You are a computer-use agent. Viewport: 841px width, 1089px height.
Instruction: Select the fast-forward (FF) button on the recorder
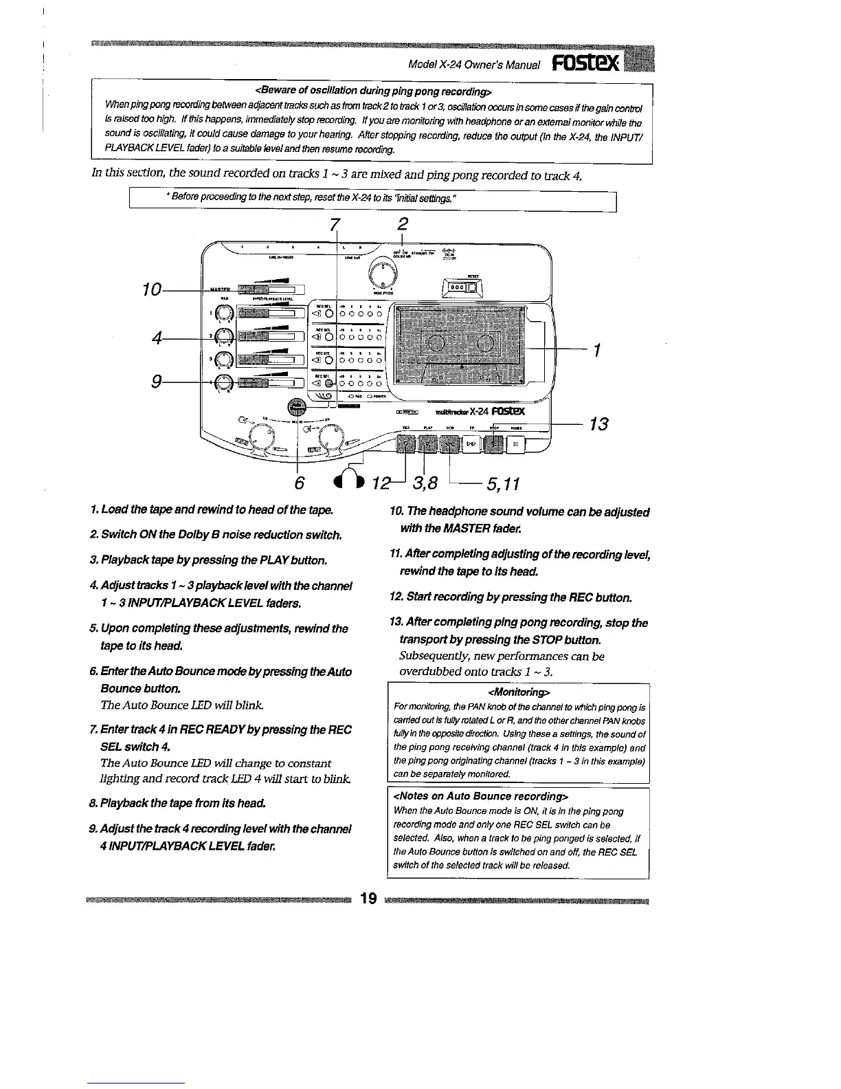471,445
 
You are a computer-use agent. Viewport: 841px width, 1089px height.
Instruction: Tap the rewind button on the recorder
449,445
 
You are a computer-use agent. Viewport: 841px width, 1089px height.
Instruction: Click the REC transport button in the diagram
405,445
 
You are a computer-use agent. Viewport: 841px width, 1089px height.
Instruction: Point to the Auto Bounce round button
297,407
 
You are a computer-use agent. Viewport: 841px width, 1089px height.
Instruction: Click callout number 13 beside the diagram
598,424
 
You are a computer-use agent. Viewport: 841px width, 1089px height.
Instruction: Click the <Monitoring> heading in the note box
519,692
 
